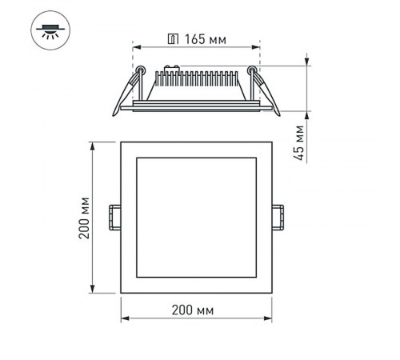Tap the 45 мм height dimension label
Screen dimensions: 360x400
point(300,143)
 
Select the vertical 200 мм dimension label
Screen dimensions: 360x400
point(83,218)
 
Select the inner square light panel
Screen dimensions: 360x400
point(197,218)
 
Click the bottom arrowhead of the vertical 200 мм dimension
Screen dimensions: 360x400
point(95,290)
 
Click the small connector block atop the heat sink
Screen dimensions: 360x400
point(170,68)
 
